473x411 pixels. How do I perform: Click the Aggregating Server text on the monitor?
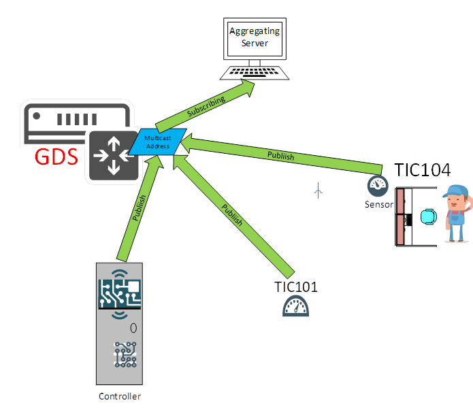click(255, 37)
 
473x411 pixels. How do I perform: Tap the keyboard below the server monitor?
click(256, 72)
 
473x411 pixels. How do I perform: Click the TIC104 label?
click(423, 169)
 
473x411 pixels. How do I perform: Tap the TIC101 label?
click(296, 286)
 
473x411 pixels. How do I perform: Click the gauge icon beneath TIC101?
click(296, 307)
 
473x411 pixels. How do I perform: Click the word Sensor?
click(379, 203)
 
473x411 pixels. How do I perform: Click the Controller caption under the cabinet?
click(119, 396)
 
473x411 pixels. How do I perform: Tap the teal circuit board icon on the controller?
click(120, 292)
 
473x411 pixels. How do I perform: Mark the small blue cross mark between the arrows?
click(319, 191)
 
